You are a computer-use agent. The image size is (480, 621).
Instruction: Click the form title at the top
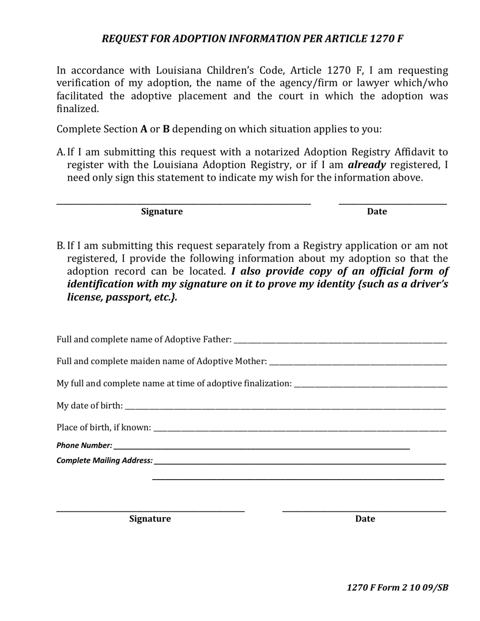(x=252, y=39)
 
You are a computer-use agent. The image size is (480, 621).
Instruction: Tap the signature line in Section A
(x=183, y=203)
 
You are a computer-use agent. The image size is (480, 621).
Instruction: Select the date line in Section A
(x=393, y=203)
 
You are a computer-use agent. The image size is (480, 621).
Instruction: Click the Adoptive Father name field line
(x=341, y=342)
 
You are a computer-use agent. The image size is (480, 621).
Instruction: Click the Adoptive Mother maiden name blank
(x=358, y=364)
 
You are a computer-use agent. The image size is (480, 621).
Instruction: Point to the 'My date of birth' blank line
(x=285, y=408)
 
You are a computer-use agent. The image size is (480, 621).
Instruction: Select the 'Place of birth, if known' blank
(x=300, y=430)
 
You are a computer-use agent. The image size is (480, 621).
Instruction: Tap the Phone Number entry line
(x=262, y=448)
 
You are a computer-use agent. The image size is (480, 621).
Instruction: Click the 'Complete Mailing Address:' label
(x=105, y=460)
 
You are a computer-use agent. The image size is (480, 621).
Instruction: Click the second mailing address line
(x=298, y=479)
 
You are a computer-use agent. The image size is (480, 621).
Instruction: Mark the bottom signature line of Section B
(x=151, y=511)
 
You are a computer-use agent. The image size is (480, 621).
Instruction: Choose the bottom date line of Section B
(x=364, y=511)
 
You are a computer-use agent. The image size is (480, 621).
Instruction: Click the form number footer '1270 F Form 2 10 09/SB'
(x=397, y=587)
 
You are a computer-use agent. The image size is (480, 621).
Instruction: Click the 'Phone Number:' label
(x=84, y=445)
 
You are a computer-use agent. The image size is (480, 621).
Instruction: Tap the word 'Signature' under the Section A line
(x=162, y=212)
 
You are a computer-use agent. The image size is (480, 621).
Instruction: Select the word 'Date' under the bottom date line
(x=365, y=519)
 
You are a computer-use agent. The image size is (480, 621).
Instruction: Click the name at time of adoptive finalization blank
(x=370, y=386)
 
